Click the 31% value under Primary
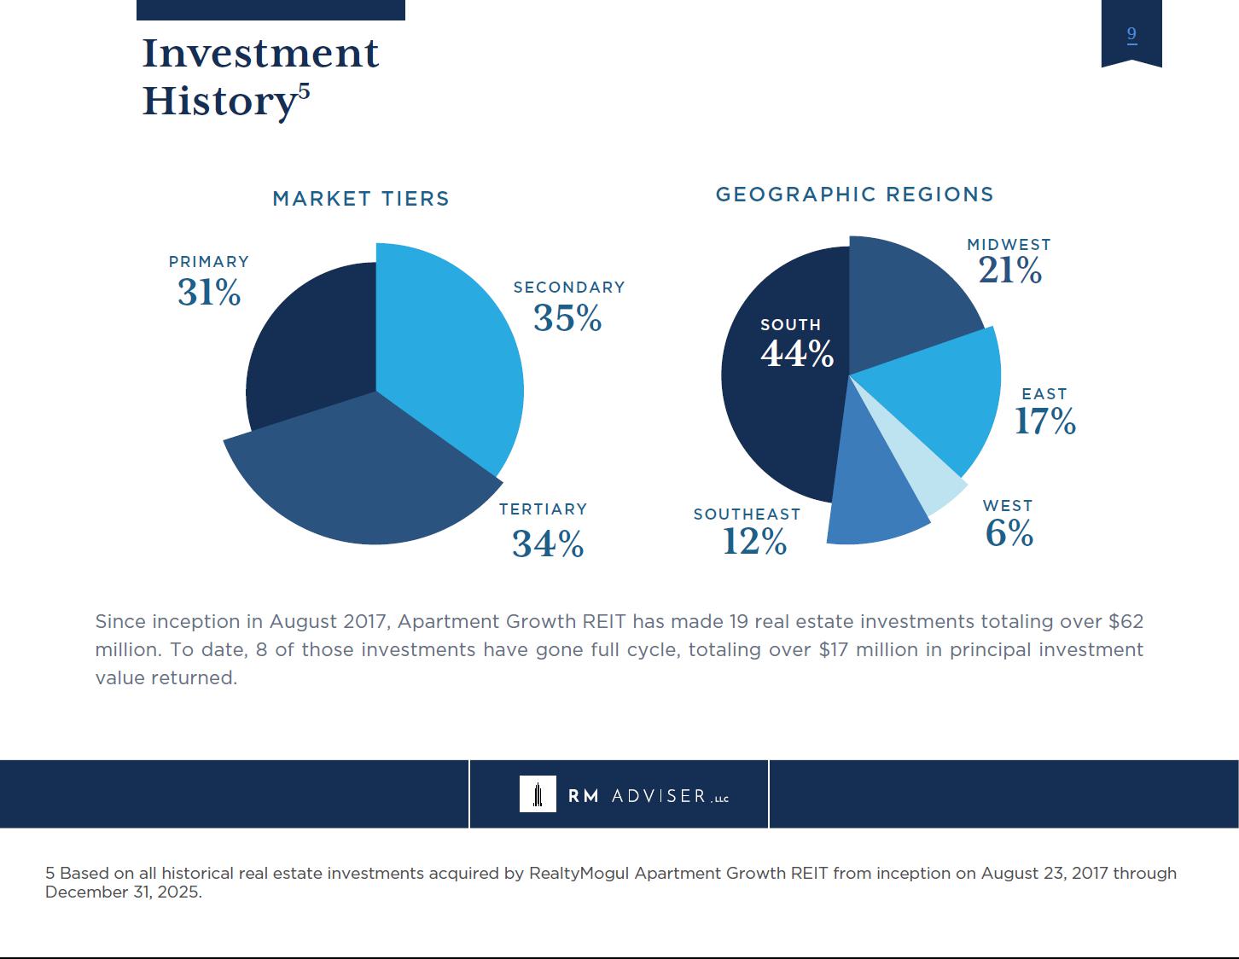click(x=209, y=293)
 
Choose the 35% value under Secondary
click(x=567, y=318)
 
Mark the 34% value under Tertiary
click(x=548, y=543)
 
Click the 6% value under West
click(x=1009, y=533)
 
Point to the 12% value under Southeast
click(x=754, y=541)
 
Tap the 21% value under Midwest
click(x=1009, y=270)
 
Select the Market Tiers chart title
click(x=361, y=199)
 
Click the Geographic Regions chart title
click(x=854, y=195)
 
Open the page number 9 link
click(x=1131, y=34)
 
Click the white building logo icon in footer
click(x=538, y=793)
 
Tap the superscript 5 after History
click(x=305, y=91)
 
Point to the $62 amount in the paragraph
click(x=1126, y=621)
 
